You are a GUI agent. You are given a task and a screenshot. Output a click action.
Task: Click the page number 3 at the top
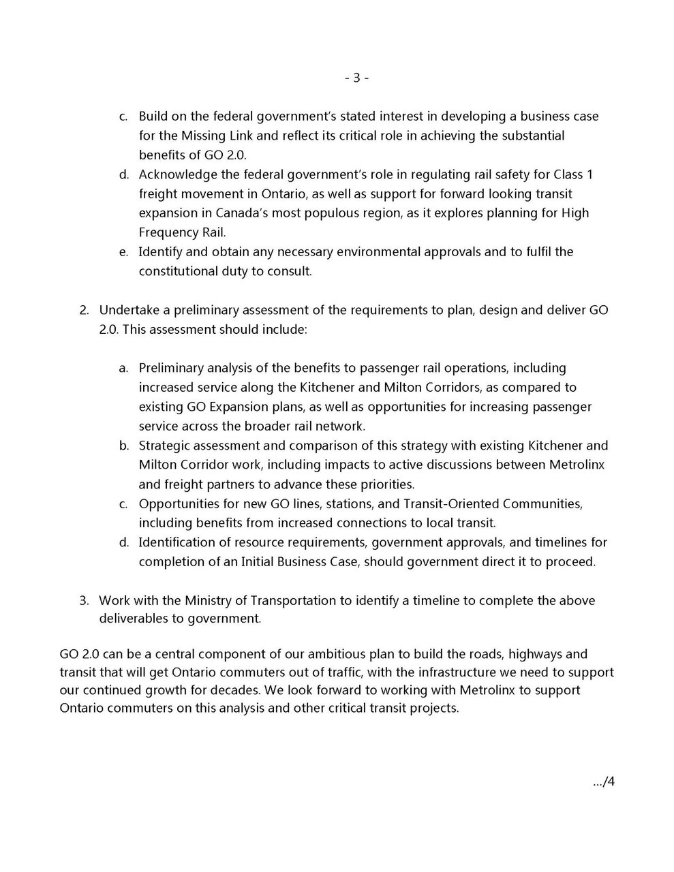click(356, 78)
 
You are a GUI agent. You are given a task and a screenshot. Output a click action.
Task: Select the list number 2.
click(84, 310)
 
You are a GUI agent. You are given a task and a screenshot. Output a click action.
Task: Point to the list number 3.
click(84, 600)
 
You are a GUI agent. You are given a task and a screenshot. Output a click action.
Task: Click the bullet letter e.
click(123, 251)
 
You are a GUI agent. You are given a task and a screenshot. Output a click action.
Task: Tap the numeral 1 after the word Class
click(589, 174)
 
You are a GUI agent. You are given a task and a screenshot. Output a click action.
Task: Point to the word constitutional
click(177, 271)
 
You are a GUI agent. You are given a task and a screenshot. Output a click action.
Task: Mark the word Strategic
click(164, 446)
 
